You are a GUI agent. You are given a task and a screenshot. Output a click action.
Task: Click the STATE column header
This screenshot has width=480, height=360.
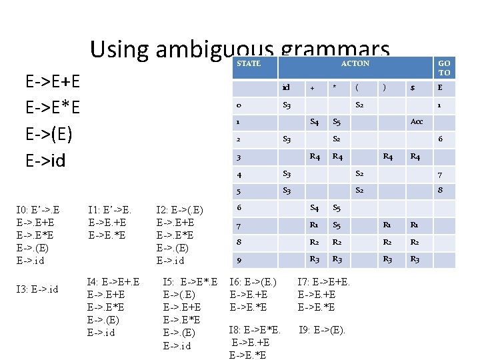coord(249,64)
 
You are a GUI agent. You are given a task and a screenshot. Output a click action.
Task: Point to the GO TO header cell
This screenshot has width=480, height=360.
coord(444,67)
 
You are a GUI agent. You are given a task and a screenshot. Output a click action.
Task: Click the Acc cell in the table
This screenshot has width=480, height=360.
coord(417,123)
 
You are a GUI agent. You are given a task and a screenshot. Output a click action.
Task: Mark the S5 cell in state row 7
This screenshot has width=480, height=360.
coord(337,227)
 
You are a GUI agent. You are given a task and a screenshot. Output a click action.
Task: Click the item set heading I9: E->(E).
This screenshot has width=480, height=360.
coord(322,329)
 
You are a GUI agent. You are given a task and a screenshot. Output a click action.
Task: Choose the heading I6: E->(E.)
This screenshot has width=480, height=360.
coord(253,283)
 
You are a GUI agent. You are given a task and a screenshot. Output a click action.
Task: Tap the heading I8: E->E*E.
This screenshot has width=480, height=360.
coord(254,329)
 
